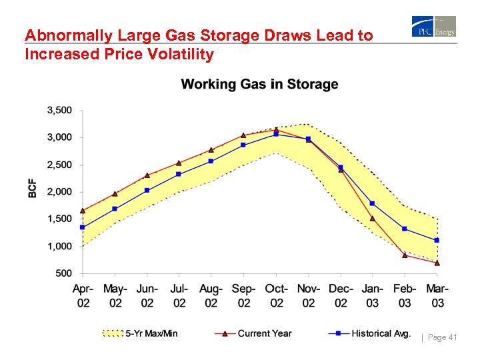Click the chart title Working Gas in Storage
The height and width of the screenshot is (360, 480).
[259, 85]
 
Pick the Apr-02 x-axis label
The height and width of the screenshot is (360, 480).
[83, 296]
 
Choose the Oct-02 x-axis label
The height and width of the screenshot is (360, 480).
[276, 296]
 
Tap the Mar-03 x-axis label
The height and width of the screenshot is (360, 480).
[437, 296]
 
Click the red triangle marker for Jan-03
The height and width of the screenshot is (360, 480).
[373, 218]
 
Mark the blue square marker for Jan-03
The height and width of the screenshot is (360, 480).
[373, 203]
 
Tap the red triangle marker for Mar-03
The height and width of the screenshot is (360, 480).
[437, 263]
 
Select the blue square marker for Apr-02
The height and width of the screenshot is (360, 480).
[83, 227]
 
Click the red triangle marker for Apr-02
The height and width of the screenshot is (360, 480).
[83, 211]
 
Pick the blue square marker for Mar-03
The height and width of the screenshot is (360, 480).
[437, 240]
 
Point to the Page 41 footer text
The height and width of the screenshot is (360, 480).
[441, 338]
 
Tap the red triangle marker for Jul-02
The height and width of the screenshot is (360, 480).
[179, 163]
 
